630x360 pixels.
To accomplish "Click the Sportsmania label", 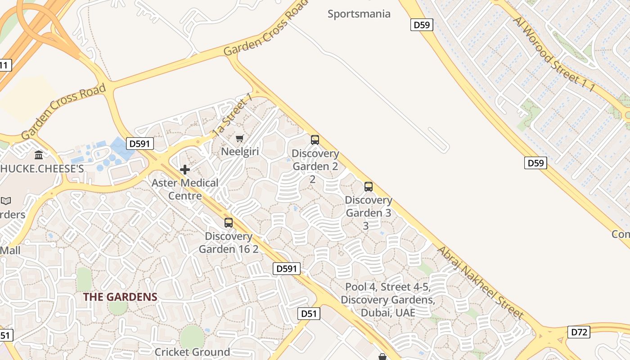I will [x=359, y=14].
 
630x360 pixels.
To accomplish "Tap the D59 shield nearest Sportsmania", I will [x=422, y=25].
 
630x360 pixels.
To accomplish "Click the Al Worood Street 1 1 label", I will [x=553, y=54].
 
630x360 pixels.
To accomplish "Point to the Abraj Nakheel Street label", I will [x=480, y=283].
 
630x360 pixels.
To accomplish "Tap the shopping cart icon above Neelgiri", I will [x=240, y=138].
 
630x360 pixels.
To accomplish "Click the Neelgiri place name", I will [x=240, y=152].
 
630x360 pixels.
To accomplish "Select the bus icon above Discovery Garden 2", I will [x=315, y=140].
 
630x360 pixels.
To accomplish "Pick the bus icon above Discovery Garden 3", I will [x=369, y=186].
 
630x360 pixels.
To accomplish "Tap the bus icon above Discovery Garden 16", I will [x=229, y=222].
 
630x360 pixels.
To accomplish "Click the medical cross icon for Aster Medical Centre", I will [x=184, y=170].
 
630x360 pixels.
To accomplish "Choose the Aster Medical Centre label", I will [x=185, y=189].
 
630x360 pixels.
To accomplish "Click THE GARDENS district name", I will [x=120, y=297].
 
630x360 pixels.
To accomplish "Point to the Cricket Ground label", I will [x=192, y=352].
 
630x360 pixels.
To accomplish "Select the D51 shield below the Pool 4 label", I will [x=309, y=314].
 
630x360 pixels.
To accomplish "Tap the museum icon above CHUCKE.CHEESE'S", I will [x=39, y=155].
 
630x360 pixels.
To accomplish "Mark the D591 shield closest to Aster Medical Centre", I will [x=140, y=144].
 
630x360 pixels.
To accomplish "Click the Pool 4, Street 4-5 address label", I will [x=387, y=300].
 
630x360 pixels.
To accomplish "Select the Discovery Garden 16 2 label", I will [x=229, y=243].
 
